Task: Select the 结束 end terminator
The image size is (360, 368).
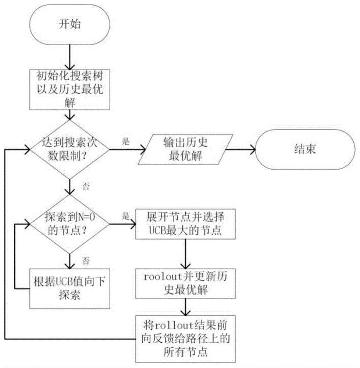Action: pyautogui.click(x=306, y=150)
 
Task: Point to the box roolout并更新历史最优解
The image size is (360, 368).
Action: pyautogui.click(x=185, y=283)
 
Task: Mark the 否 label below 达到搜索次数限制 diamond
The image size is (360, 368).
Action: pyautogui.click(x=85, y=187)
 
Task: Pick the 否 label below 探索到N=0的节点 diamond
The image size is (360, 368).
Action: pyautogui.click(x=85, y=261)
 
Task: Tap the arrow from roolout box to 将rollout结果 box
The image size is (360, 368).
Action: pyautogui.click(x=185, y=306)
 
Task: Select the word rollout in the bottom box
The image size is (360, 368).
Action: pyautogui.click(x=168, y=326)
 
